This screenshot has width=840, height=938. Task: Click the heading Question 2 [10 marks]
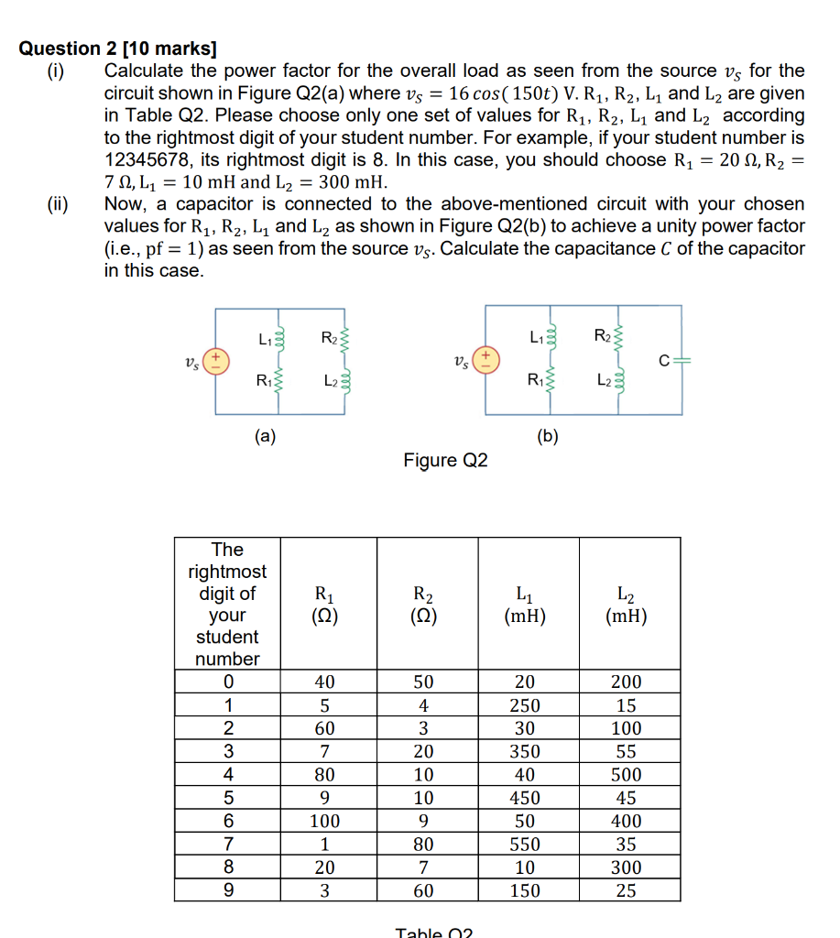(x=118, y=49)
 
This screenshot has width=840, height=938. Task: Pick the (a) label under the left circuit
(x=265, y=437)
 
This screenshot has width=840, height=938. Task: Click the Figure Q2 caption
(x=445, y=460)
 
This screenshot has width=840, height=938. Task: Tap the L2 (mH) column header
(x=627, y=605)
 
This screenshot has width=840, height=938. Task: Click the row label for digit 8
(x=227, y=867)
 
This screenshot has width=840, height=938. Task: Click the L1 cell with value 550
(x=525, y=845)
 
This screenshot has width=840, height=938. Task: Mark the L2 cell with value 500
(x=627, y=775)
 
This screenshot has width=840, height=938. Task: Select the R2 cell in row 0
(x=423, y=682)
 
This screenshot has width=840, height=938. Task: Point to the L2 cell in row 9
(x=627, y=890)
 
